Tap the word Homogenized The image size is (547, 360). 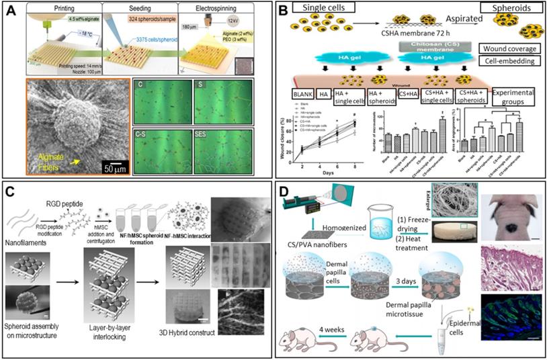(x=339, y=246)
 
